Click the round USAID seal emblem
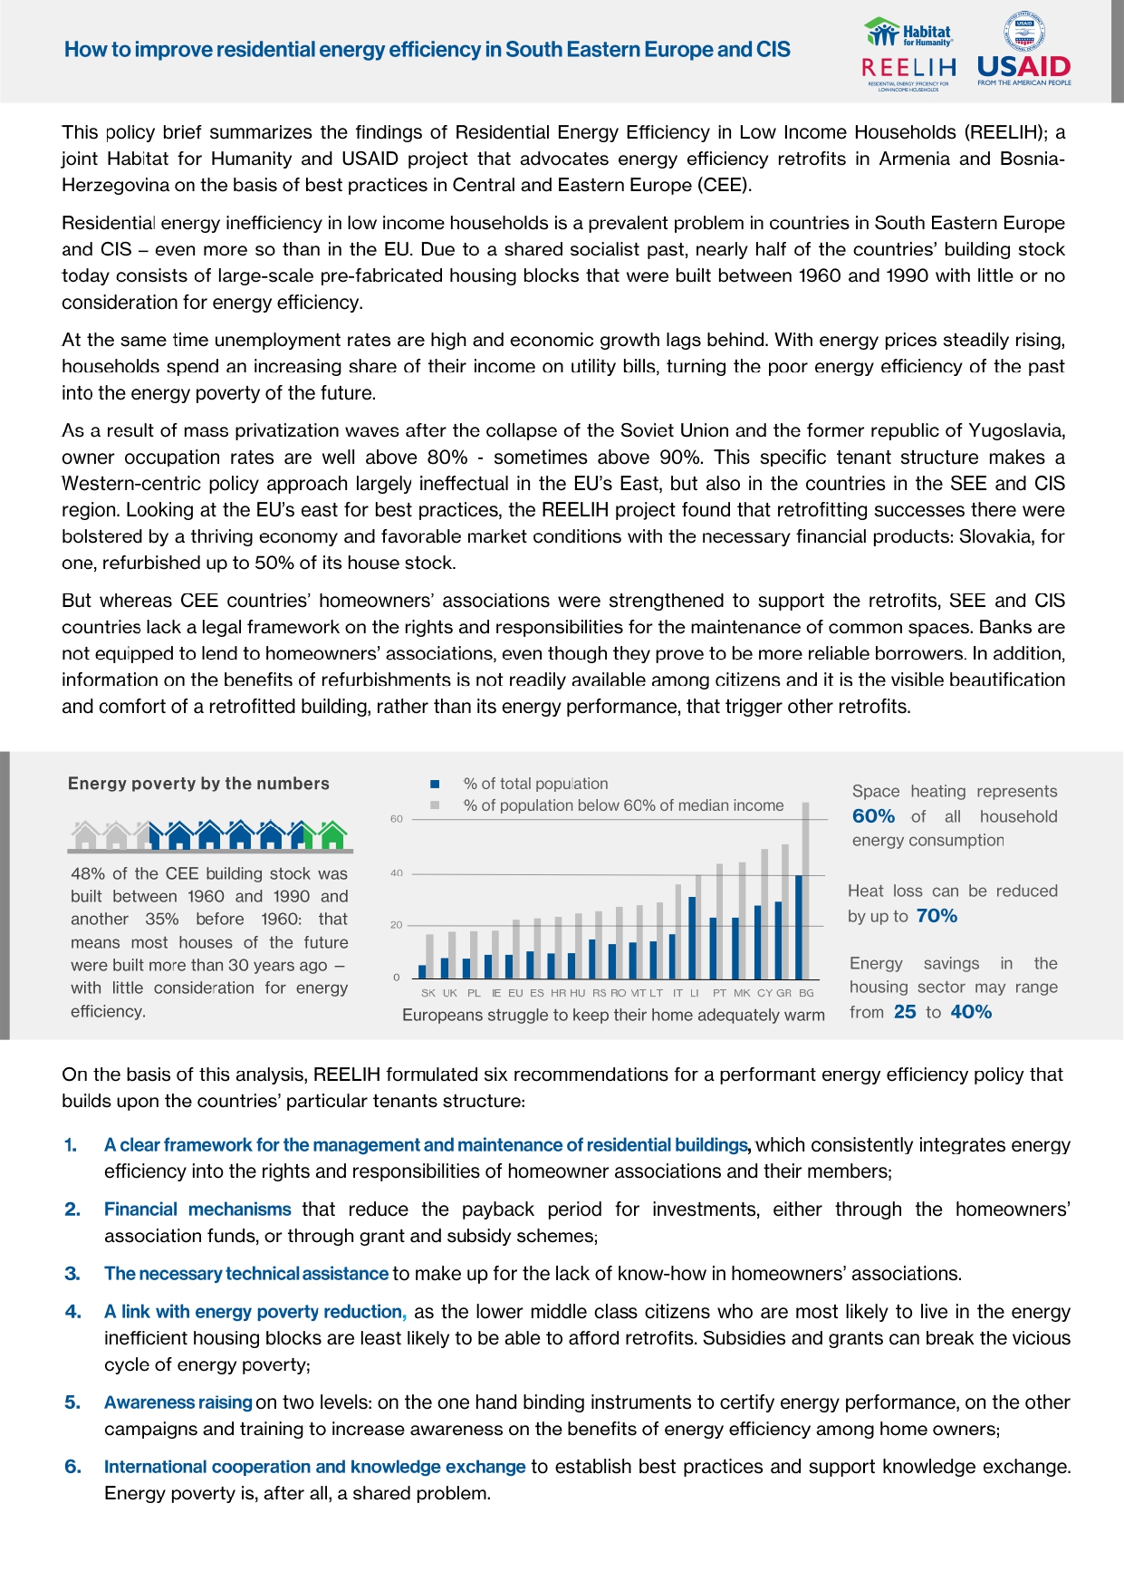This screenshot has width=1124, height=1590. click(1023, 34)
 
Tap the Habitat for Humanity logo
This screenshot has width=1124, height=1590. click(909, 34)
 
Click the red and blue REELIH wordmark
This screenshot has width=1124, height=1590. click(908, 67)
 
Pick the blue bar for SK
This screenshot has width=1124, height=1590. click(422, 971)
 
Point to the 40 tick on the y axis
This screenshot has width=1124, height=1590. click(397, 873)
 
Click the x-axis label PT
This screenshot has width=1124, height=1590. click(719, 993)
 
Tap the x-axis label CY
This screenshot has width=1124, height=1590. click(764, 993)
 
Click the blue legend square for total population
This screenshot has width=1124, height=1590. click(435, 784)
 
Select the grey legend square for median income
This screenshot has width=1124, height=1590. click(435, 805)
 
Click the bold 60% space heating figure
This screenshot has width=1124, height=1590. click(873, 816)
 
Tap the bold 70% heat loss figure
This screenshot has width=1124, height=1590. click(937, 916)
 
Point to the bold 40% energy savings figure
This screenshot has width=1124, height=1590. click(971, 1012)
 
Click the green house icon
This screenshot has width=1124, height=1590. click(332, 834)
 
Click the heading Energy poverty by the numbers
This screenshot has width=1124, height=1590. click(198, 784)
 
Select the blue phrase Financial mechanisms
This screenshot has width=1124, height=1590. click(197, 1209)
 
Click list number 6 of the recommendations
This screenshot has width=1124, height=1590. click(72, 1467)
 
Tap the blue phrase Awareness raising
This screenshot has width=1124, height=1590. click(178, 1402)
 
